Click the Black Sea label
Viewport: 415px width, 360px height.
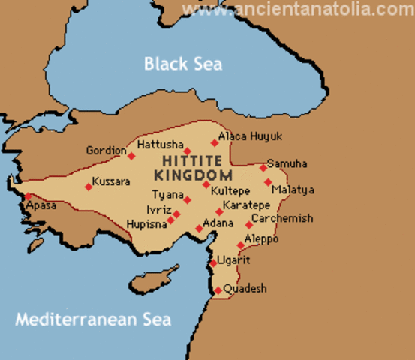click(x=183, y=64)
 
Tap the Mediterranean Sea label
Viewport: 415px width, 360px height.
click(x=93, y=319)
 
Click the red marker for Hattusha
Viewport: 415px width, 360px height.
click(x=188, y=152)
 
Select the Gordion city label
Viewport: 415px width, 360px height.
click(x=106, y=149)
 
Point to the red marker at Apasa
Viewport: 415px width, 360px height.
click(x=29, y=197)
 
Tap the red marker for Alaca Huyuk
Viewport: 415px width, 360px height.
click(x=215, y=142)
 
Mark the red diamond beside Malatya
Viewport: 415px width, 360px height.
click(x=268, y=181)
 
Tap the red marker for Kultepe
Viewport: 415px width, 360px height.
click(x=206, y=184)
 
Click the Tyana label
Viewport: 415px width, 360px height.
click(x=166, y=195)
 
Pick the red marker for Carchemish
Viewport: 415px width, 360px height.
click(x=248, y=225)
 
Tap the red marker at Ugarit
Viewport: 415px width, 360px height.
click(x=213, y=263)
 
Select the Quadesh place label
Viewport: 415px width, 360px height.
click(x=245, y=289)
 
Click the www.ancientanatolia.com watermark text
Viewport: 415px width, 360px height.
click(x=299, y=10)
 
